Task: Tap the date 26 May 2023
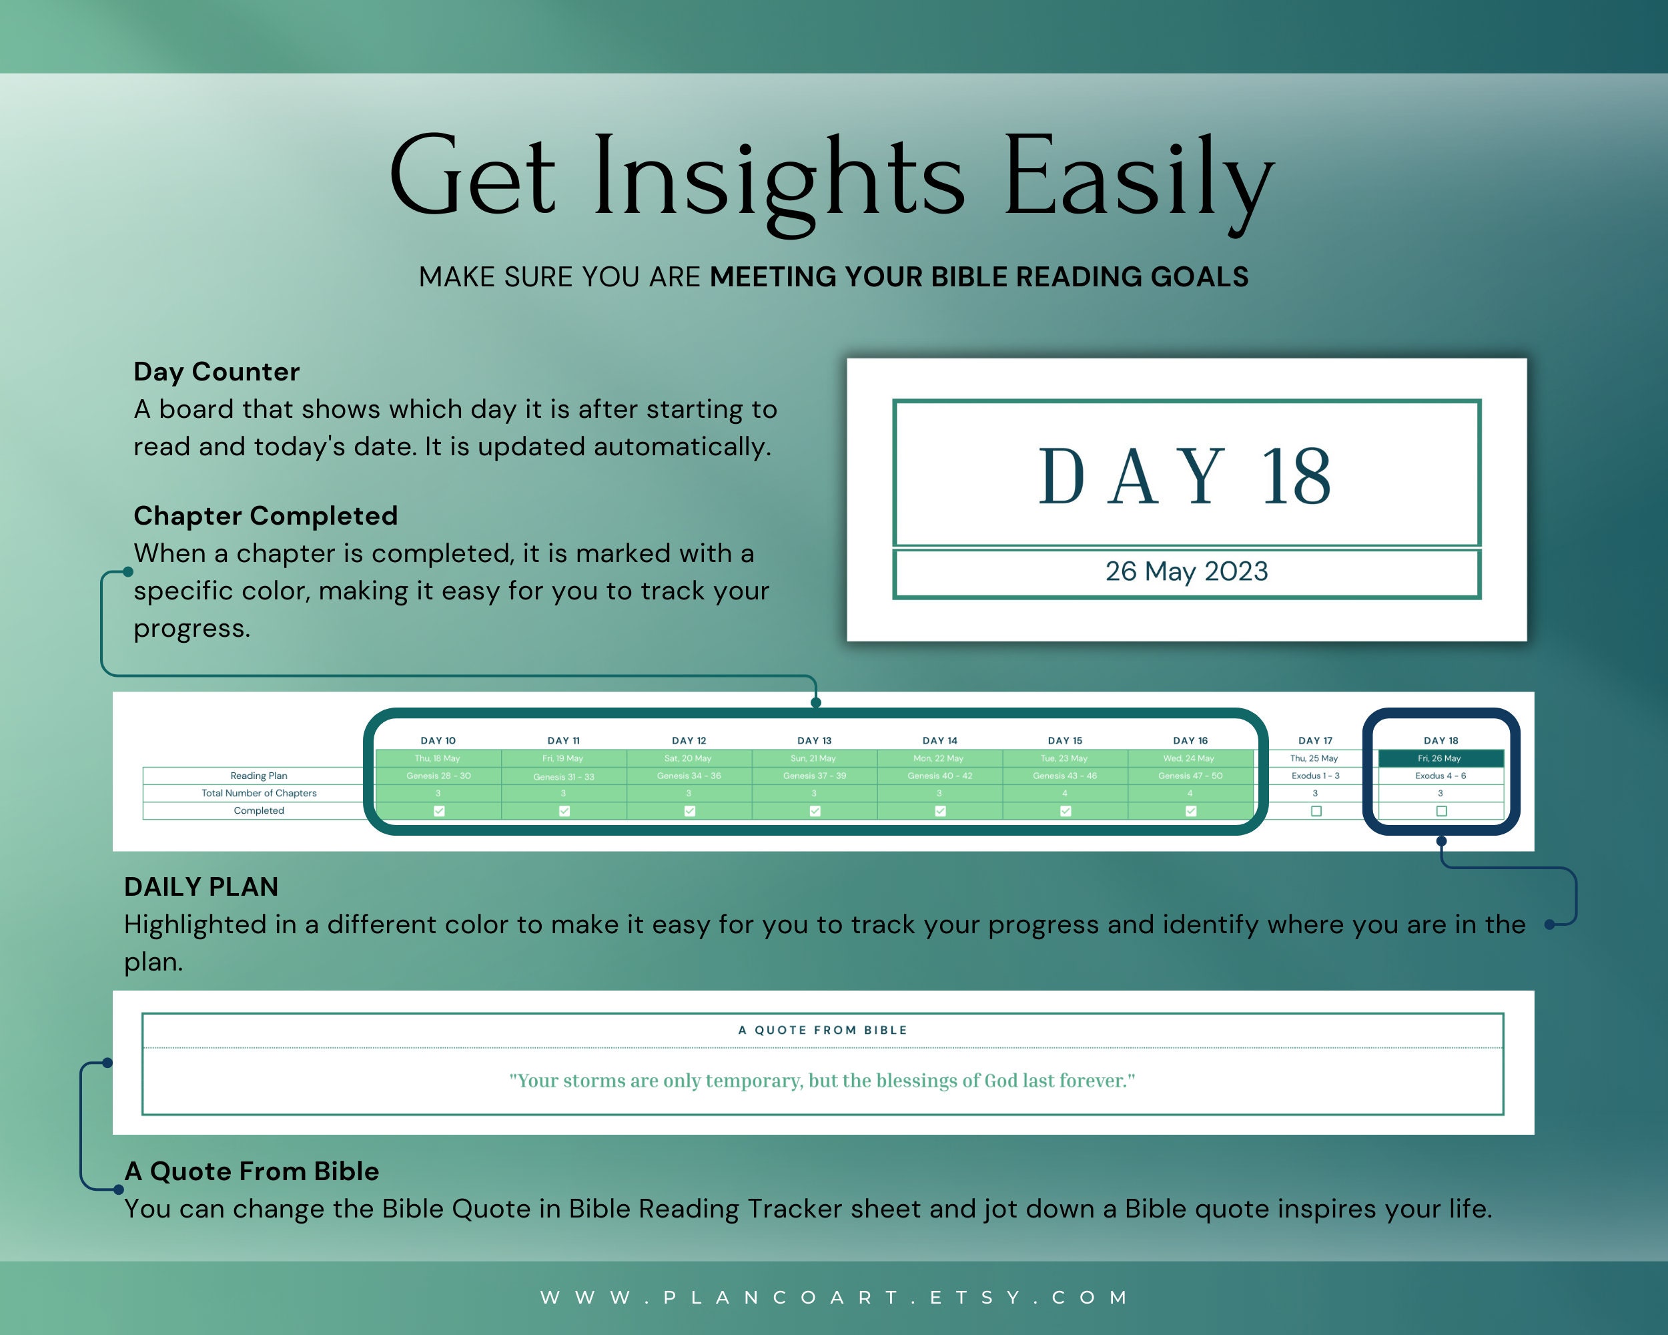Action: coord(1186,571)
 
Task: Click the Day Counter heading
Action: coord(216,372)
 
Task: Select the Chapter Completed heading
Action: coord(266,515)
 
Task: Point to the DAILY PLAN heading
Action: coord(201,887)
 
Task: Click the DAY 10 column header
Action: coord(438,741)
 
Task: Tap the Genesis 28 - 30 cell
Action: coord(438,776)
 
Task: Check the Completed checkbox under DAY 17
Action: coord(1316,811)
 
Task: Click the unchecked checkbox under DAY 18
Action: coord(1441,811)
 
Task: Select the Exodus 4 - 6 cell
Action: coord(1440,776)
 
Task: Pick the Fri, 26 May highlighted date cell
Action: coord(1440,758)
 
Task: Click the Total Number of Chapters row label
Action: coord(258,793)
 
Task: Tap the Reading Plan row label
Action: coord(258,776)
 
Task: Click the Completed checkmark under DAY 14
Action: coord(940,811)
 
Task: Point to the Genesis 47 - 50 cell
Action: coord(1190,776)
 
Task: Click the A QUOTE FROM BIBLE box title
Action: coord(823,1030)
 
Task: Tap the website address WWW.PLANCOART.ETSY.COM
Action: coord(834,1297)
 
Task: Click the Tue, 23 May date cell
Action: coord(1065,758)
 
